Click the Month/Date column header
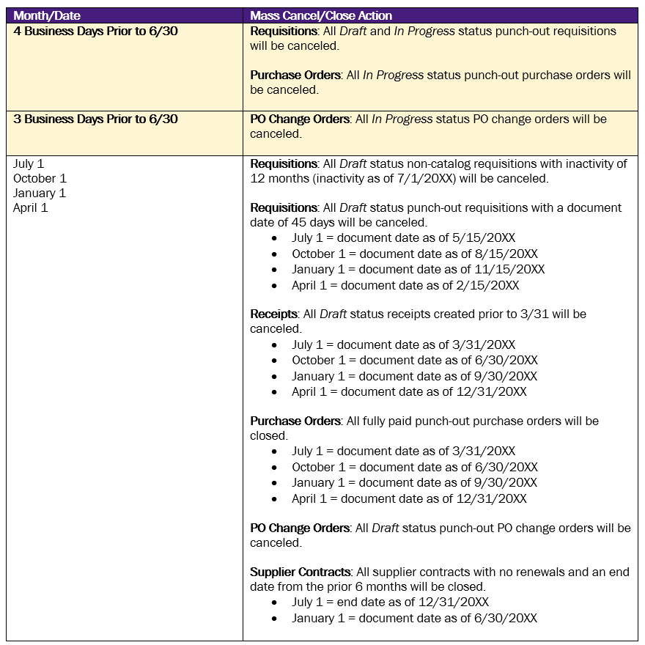47,15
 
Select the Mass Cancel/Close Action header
321,15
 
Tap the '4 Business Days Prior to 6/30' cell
95,32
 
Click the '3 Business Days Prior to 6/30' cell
95,119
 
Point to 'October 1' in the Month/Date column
40,179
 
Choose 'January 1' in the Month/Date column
40,193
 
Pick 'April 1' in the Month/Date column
30,208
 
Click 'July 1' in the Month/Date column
29,164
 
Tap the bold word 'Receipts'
273,314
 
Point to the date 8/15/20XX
504,254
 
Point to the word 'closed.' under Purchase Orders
269,436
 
